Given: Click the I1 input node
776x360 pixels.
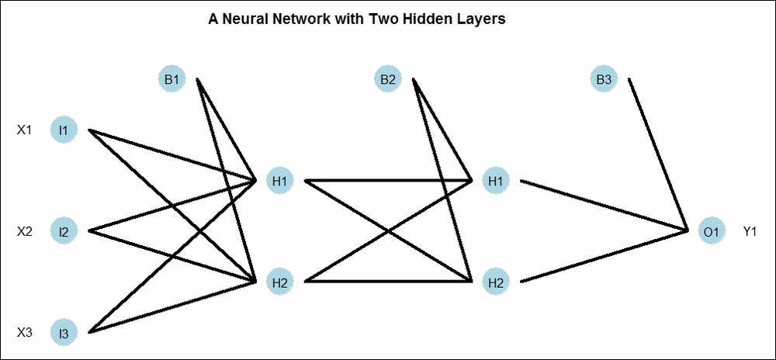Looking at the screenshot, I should click(64, 130).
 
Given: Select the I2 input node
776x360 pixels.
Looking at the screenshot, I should click(64, 231).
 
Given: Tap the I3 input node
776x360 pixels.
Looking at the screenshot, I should click(64, 334).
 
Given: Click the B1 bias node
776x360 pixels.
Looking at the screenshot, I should click(171, 79).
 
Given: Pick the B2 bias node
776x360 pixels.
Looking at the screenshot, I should click(388, 79).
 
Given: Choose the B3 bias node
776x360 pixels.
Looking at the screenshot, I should click(604, 79).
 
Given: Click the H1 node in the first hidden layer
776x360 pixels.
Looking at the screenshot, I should click(279, 181).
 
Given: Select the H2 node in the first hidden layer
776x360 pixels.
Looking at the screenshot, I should click(279, 282).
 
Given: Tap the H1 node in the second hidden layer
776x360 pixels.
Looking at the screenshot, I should click(495, 181).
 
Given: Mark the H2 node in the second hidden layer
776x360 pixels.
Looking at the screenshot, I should click(495, 282).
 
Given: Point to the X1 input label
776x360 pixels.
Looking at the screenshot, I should click(25, 130).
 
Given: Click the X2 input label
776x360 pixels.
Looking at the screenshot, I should click(25, 231).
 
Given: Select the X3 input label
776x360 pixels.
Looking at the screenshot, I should click(25, 333).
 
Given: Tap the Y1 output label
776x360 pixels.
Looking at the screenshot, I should click(750, 231).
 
